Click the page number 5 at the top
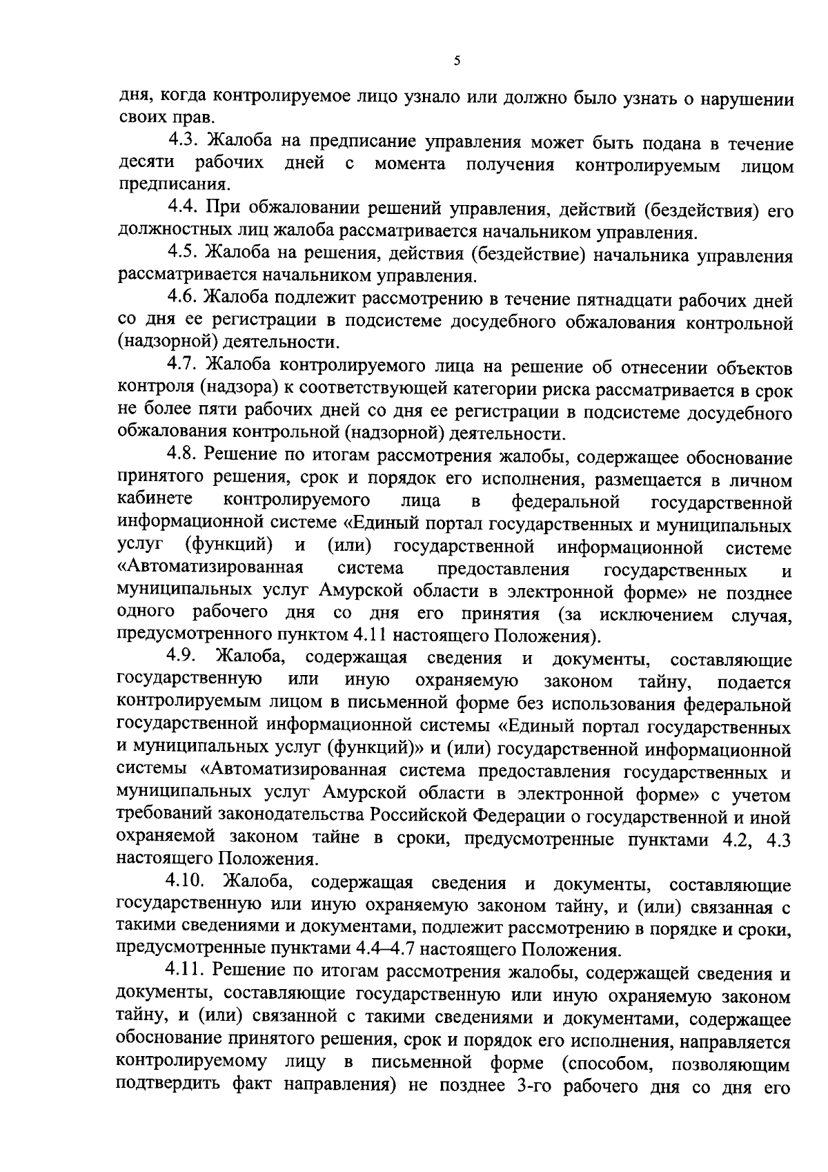click(457, 61)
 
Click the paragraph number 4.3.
click(183, 142)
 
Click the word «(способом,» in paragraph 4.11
click(607, 1084)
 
